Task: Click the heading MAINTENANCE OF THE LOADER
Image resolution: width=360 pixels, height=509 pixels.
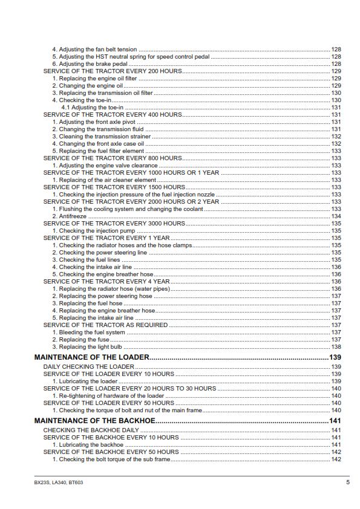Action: [x=91, y=358]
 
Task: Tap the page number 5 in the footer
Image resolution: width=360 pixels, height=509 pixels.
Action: [x=348, y=482]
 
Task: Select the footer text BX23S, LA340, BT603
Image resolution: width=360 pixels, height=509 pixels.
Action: [x=59, y=482]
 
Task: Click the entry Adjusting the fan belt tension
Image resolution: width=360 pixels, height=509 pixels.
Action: [x=94, y=49]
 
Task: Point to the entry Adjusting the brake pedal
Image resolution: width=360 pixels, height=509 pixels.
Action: [x=90, y=63]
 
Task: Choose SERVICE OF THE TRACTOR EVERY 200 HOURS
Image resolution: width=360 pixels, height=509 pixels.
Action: [x=113, y=71]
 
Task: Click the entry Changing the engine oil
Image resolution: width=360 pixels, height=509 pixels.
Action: [x=87, y=86]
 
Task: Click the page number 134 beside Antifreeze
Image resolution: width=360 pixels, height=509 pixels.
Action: [x=336, y=216]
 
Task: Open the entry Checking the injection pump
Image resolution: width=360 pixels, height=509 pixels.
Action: [x=94, y=231]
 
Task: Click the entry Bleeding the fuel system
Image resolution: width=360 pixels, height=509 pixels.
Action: [x=88, y=332]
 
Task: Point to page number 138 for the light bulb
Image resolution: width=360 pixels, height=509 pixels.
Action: [x=336, y=347]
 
